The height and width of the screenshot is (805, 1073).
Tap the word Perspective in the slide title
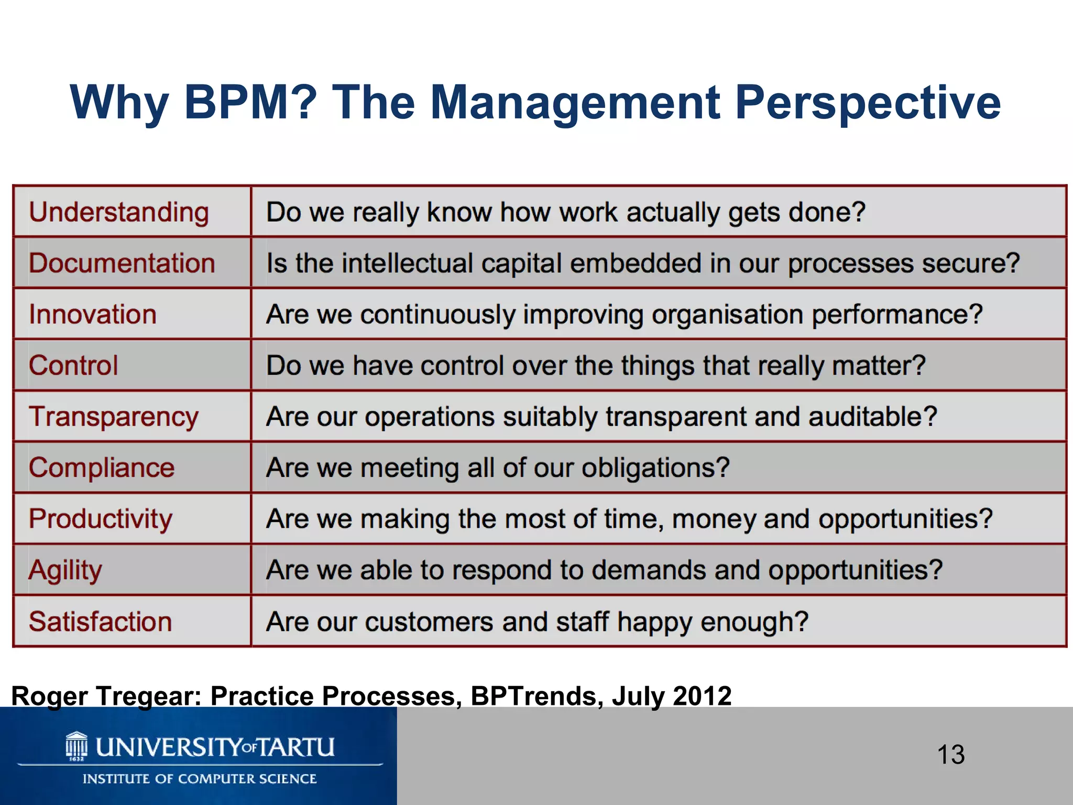pyautogui.click(x=868, y=103)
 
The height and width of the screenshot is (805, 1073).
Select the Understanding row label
pyautogui.click(x=119, y=213)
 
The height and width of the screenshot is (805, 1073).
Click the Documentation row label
pyautogui.click(x=122, y=263)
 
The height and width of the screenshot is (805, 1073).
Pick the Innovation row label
pyautogui.click(x=93, y=314)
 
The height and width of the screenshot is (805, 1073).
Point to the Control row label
pyautogui.click(x=73, y=365)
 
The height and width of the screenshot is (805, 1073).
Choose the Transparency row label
pyautogui.click(x=114, y=417)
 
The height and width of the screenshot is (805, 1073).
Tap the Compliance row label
pyautogui.click(x=102, y=467)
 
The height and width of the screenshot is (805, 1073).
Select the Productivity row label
pyautogui.click(x=101, y=519)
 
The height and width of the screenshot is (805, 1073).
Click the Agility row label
pyautogui.click(x=65, y=570)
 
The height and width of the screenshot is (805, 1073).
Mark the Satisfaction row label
pyautogui.click(x=101, y=622)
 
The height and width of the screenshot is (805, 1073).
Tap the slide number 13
pyautogui.click(x=950, y=755)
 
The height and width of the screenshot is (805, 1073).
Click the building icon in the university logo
pyautogui.click(x=76, y=746)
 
